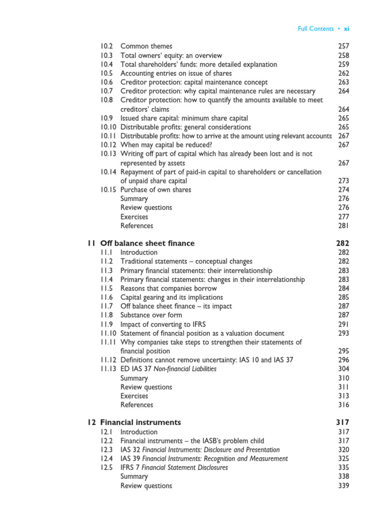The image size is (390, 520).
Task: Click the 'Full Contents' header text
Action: [x=315, y=29]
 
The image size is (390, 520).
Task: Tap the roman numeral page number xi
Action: [x=346, y=29]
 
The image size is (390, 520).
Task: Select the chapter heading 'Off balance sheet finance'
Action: [x=147, y=243]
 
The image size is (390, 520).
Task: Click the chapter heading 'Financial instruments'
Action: [x=140, y=422]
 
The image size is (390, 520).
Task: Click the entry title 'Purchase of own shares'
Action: [x=156, y=190]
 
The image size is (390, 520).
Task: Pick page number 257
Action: [x=344, y=46]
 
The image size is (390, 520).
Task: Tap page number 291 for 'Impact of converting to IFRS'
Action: [x=344, y=324]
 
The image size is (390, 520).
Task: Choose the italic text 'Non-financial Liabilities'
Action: [x=185, y=369]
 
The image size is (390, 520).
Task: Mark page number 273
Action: [x=344, y=181]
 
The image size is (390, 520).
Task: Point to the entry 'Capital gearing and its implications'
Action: [x=172, y=298]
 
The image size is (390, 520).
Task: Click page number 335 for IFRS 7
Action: [x=344, y=468]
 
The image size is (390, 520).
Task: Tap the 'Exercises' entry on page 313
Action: [x=134, y=396]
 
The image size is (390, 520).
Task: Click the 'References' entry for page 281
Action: [x=137, y=225]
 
